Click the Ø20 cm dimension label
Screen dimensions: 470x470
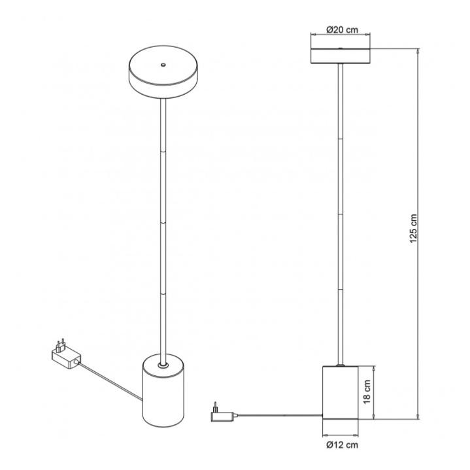click(342, 29)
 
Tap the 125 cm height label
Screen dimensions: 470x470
click(413, 229)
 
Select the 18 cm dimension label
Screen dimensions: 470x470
click(367, 392)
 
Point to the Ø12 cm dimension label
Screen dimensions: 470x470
click(342, 445)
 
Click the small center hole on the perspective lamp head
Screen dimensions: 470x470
click(163, 65)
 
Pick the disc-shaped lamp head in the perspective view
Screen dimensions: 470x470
click(163, 72)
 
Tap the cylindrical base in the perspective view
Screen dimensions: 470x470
click(163, 390)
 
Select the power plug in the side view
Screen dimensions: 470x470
click(224, 413)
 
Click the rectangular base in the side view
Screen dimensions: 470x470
click(340, 392)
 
